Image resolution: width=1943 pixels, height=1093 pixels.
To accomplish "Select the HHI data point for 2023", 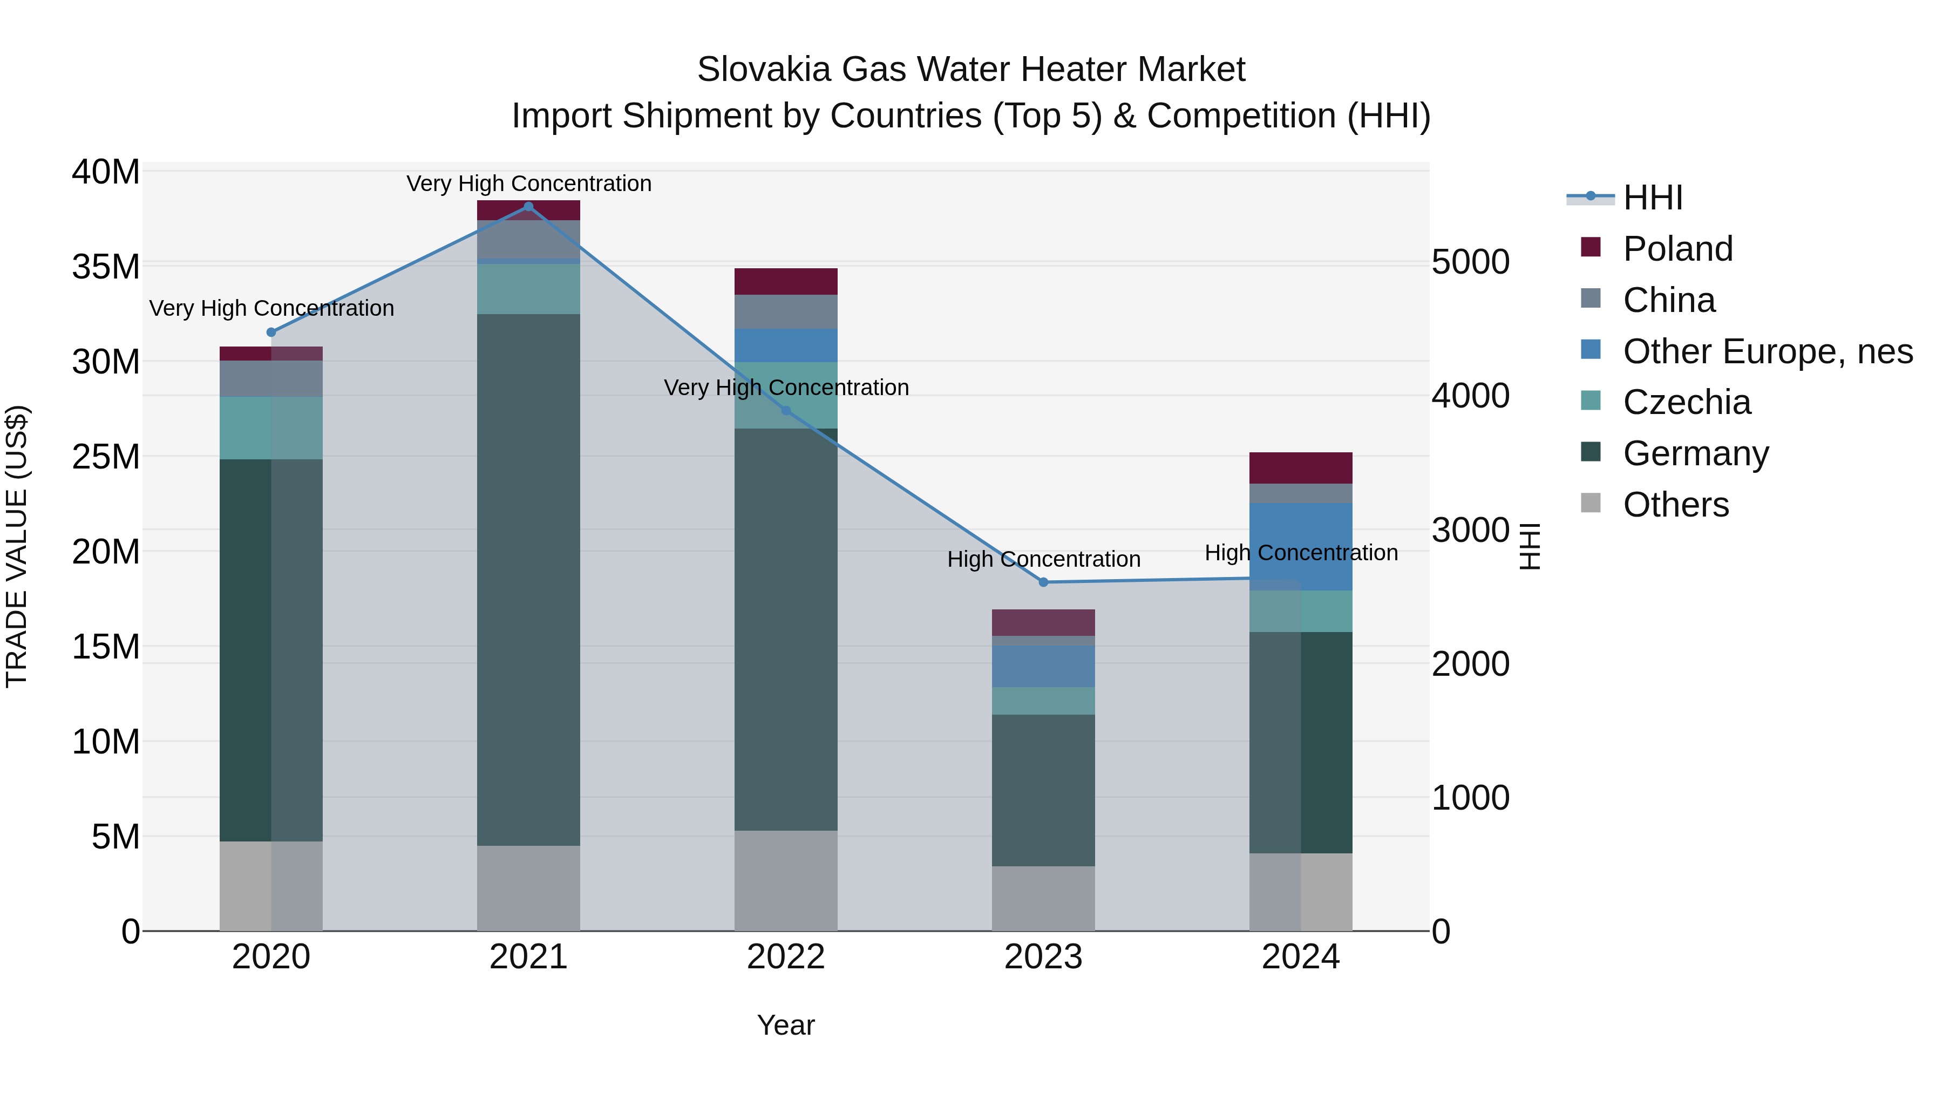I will pyautogui.click(x=1043, y=582).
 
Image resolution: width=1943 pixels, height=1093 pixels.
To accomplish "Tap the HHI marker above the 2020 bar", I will pyautogui.click(x=271, y=332).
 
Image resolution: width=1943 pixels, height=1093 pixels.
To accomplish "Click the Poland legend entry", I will pyautogui.click(x=1677, y=249).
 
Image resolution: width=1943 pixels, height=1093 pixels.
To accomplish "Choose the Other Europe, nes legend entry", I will pyautogui.click(x=1767, y=351).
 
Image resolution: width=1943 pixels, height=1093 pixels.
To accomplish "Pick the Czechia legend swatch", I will pyautogui.click(x=1591, y=400).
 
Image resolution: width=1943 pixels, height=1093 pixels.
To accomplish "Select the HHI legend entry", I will pyautogui.click(x=1652, y=198).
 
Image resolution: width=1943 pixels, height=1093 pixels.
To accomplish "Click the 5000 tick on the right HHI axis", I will pyautogui.click(x=1470, y=262).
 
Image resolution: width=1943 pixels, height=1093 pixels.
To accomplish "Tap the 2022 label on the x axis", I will pyautogui.click(x=786, y=957).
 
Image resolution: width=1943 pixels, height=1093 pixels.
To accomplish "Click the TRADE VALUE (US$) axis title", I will pyautogui.click(x=17, y=546).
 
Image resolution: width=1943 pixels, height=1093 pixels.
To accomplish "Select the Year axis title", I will pyautogui.click(x=786, y=1025).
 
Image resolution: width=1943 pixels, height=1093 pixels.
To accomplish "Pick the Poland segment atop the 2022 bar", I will pyautogui.click(x=786, y=281).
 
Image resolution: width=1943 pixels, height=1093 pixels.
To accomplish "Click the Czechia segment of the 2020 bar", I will pyautogui.click(x=271, y=427).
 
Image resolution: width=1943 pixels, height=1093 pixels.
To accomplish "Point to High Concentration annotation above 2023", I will pyautogui.click(x=1043, y=560).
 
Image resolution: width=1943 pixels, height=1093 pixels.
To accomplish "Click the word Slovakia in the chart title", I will pyautogui.click(x=763, y=70).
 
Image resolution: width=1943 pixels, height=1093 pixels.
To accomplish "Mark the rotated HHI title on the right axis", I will pyautogui.click(x=1530, y=546).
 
